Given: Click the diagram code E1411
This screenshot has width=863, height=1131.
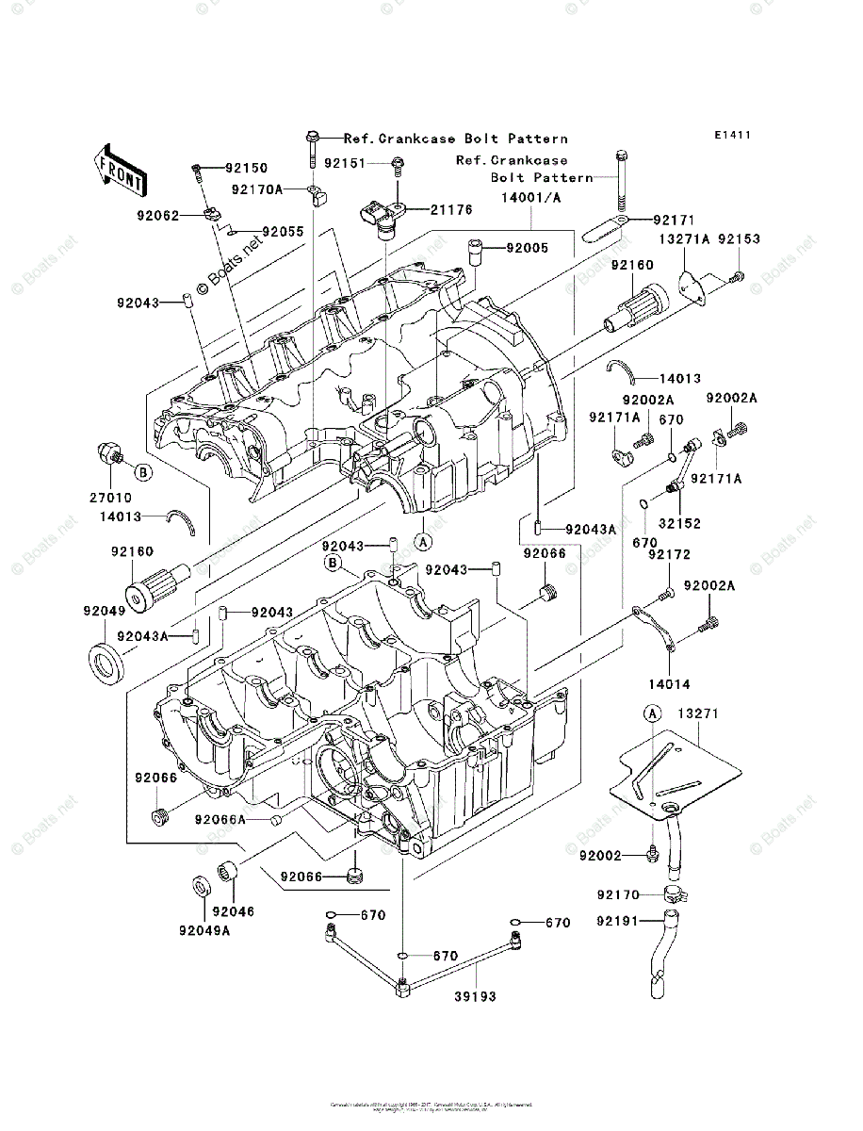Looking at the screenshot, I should [731, 136].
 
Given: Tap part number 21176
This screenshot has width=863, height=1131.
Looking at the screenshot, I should [426, 210].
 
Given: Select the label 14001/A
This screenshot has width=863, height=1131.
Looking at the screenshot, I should [531, 197].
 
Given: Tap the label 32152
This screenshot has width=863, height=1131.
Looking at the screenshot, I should [679, 523].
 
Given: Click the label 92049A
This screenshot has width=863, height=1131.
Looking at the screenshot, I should [206, 930].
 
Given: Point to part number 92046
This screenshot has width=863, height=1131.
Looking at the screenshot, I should [233, 911].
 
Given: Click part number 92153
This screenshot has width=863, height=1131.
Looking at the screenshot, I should [739, 239].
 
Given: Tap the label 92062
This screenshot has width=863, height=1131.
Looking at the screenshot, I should [156, 215].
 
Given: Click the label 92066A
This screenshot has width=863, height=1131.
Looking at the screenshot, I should [220, 819].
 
